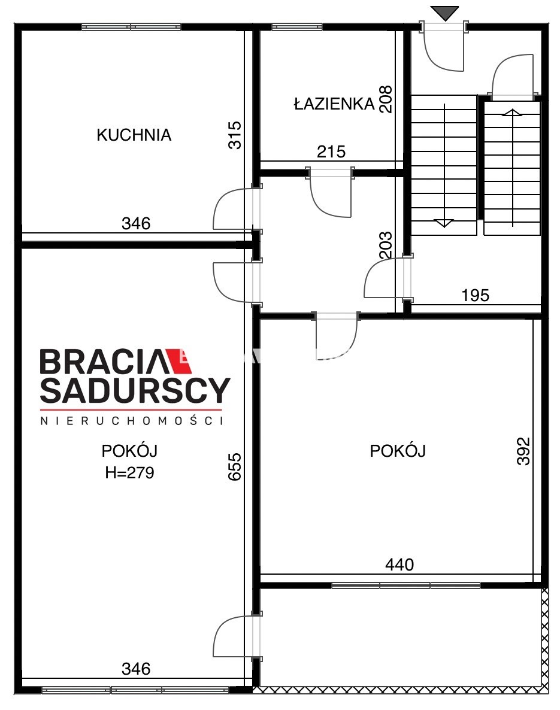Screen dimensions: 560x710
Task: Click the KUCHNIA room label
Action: pos(134,135)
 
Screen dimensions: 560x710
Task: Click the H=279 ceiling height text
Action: pos(129,473)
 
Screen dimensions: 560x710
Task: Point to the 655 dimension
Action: pos(235,466)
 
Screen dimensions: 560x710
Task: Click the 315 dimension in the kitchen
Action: pos(235,135)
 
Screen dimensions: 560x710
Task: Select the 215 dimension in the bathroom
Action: pos(331,151)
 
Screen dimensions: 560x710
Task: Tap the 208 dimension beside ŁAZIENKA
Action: pos(386,99)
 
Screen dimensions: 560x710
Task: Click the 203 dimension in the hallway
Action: pos(386,245)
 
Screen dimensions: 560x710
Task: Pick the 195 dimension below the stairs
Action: pos(476,295)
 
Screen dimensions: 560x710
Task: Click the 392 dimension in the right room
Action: pos(523,451)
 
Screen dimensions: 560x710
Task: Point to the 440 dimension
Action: pos(399,565)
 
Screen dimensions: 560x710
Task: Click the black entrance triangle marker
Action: pos(444,13)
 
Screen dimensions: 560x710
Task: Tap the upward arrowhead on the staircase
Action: pos(513,113)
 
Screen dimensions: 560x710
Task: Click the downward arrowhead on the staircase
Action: pos(444,223)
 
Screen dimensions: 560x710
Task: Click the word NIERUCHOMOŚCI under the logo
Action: pos(132,421)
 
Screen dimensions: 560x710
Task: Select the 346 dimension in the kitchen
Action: pos(136,223)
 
